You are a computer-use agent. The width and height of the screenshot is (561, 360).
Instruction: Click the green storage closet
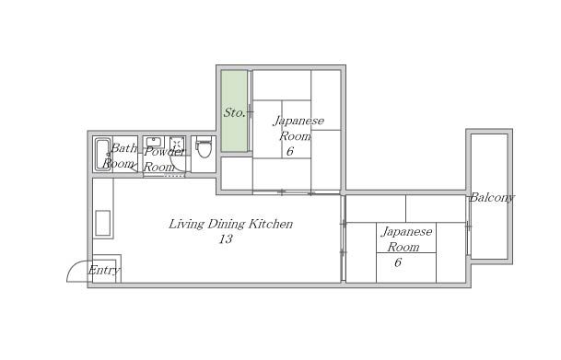[234, 110]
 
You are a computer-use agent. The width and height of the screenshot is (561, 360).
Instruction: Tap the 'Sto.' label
[234, 113]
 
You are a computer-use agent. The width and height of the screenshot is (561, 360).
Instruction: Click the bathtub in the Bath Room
[103, 155]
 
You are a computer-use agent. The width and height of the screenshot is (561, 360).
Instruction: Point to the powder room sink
[154, 142]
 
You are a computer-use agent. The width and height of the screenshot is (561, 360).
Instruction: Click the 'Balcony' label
[492, 198]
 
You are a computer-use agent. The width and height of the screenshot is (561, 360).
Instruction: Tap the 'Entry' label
[104, 271]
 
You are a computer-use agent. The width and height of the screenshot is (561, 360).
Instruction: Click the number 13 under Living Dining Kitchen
[226, 238]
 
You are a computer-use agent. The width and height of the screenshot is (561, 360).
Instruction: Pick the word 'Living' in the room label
[186, 225]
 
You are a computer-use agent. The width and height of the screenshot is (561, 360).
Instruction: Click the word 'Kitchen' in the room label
[271, 224]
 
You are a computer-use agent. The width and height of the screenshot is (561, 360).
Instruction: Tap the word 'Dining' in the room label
[227, 225]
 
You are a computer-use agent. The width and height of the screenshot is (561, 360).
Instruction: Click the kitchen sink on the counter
[102, 223]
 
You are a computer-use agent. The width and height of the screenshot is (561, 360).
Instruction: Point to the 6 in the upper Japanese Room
[290, 151]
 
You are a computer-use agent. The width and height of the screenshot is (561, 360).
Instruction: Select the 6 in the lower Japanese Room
[398, 262]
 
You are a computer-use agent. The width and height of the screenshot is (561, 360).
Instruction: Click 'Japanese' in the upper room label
[298, 122]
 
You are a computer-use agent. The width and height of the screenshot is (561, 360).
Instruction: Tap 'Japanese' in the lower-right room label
[407, 232]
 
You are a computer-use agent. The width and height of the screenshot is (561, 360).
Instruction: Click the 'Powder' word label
[165, 152]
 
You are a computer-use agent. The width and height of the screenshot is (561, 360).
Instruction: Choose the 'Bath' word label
[123, 148]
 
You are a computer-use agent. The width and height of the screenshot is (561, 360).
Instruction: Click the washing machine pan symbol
[177, 144]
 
